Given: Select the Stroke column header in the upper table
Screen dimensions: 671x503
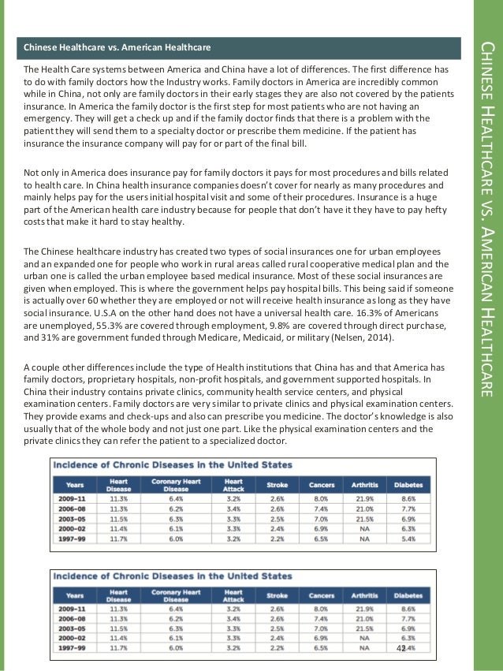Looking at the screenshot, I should tap(278, 484).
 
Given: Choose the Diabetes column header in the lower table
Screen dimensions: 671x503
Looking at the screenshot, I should tap(408, 596).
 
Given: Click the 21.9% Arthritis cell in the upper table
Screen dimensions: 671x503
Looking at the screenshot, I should tap(363, 498).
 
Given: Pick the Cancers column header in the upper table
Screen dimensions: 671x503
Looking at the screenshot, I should tap(322, 484).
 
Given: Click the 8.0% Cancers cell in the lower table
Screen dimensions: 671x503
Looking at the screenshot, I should tap(322, 609).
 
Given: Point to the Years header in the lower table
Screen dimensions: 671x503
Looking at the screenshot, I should tap(76, 596).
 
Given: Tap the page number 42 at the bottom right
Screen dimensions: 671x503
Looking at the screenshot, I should tap(401, 647).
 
